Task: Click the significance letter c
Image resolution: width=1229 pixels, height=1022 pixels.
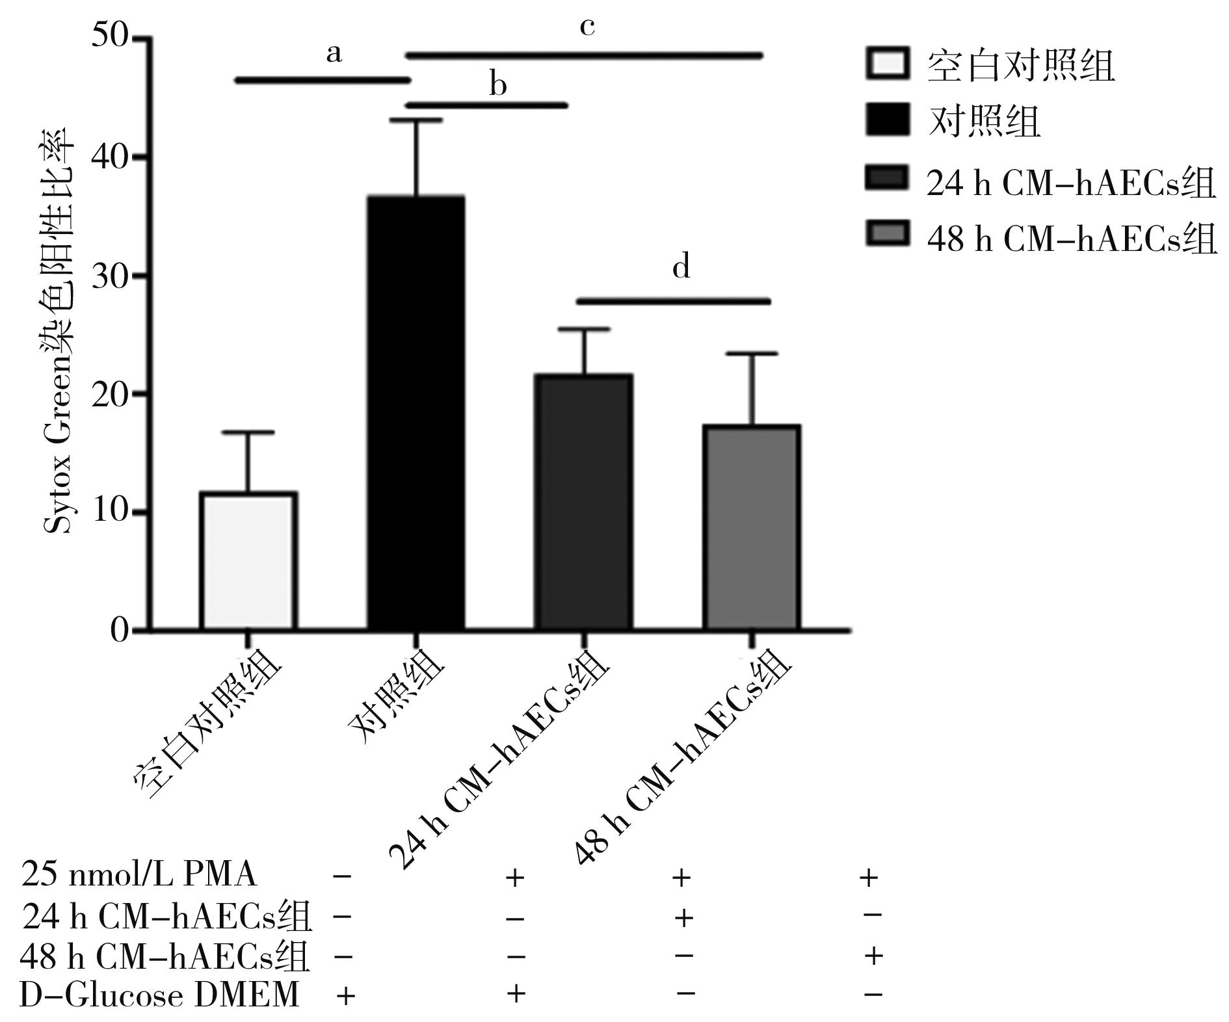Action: pos(587,27)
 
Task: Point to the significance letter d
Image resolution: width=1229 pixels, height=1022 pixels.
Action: pos(681,267)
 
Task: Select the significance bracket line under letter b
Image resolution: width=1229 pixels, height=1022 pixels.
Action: pos(486,105)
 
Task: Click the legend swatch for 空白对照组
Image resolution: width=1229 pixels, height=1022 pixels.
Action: pos(887,64)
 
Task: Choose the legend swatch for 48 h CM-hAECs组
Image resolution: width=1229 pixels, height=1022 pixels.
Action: pos(887,233)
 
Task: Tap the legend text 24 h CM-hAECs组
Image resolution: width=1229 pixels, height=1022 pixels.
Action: pos(1070,184)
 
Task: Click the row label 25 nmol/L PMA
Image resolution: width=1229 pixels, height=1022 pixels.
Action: pos(139,874)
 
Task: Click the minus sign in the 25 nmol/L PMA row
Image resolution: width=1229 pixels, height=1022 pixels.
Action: pos(342,876)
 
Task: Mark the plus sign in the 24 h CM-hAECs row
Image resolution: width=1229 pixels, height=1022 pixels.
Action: pos(683,918)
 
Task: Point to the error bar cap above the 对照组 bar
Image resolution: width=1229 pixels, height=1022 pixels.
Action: pos(416,120)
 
